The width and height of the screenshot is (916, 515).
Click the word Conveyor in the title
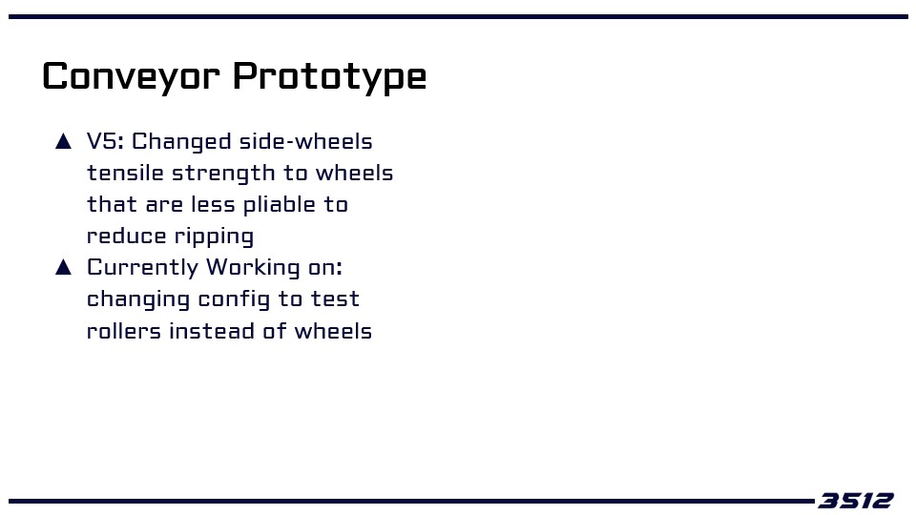pos(131,76)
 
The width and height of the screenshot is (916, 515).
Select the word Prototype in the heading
pos(329,76)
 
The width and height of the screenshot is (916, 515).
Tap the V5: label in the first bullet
pos(105,141)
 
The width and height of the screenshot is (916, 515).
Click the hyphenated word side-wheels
pos(305,141)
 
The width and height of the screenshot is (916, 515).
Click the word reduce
pos(126,236)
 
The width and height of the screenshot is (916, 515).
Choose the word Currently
pos(142,268)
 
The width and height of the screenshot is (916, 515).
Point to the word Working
pos(253,268)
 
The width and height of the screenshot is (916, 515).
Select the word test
pos(335,299)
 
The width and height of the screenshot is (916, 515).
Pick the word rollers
pos(124,331)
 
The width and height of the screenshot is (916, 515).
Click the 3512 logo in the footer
pos(856,501)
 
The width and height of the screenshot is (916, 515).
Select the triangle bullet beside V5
pos(63,141)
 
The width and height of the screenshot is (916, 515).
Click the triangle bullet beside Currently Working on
pos(63,267)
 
